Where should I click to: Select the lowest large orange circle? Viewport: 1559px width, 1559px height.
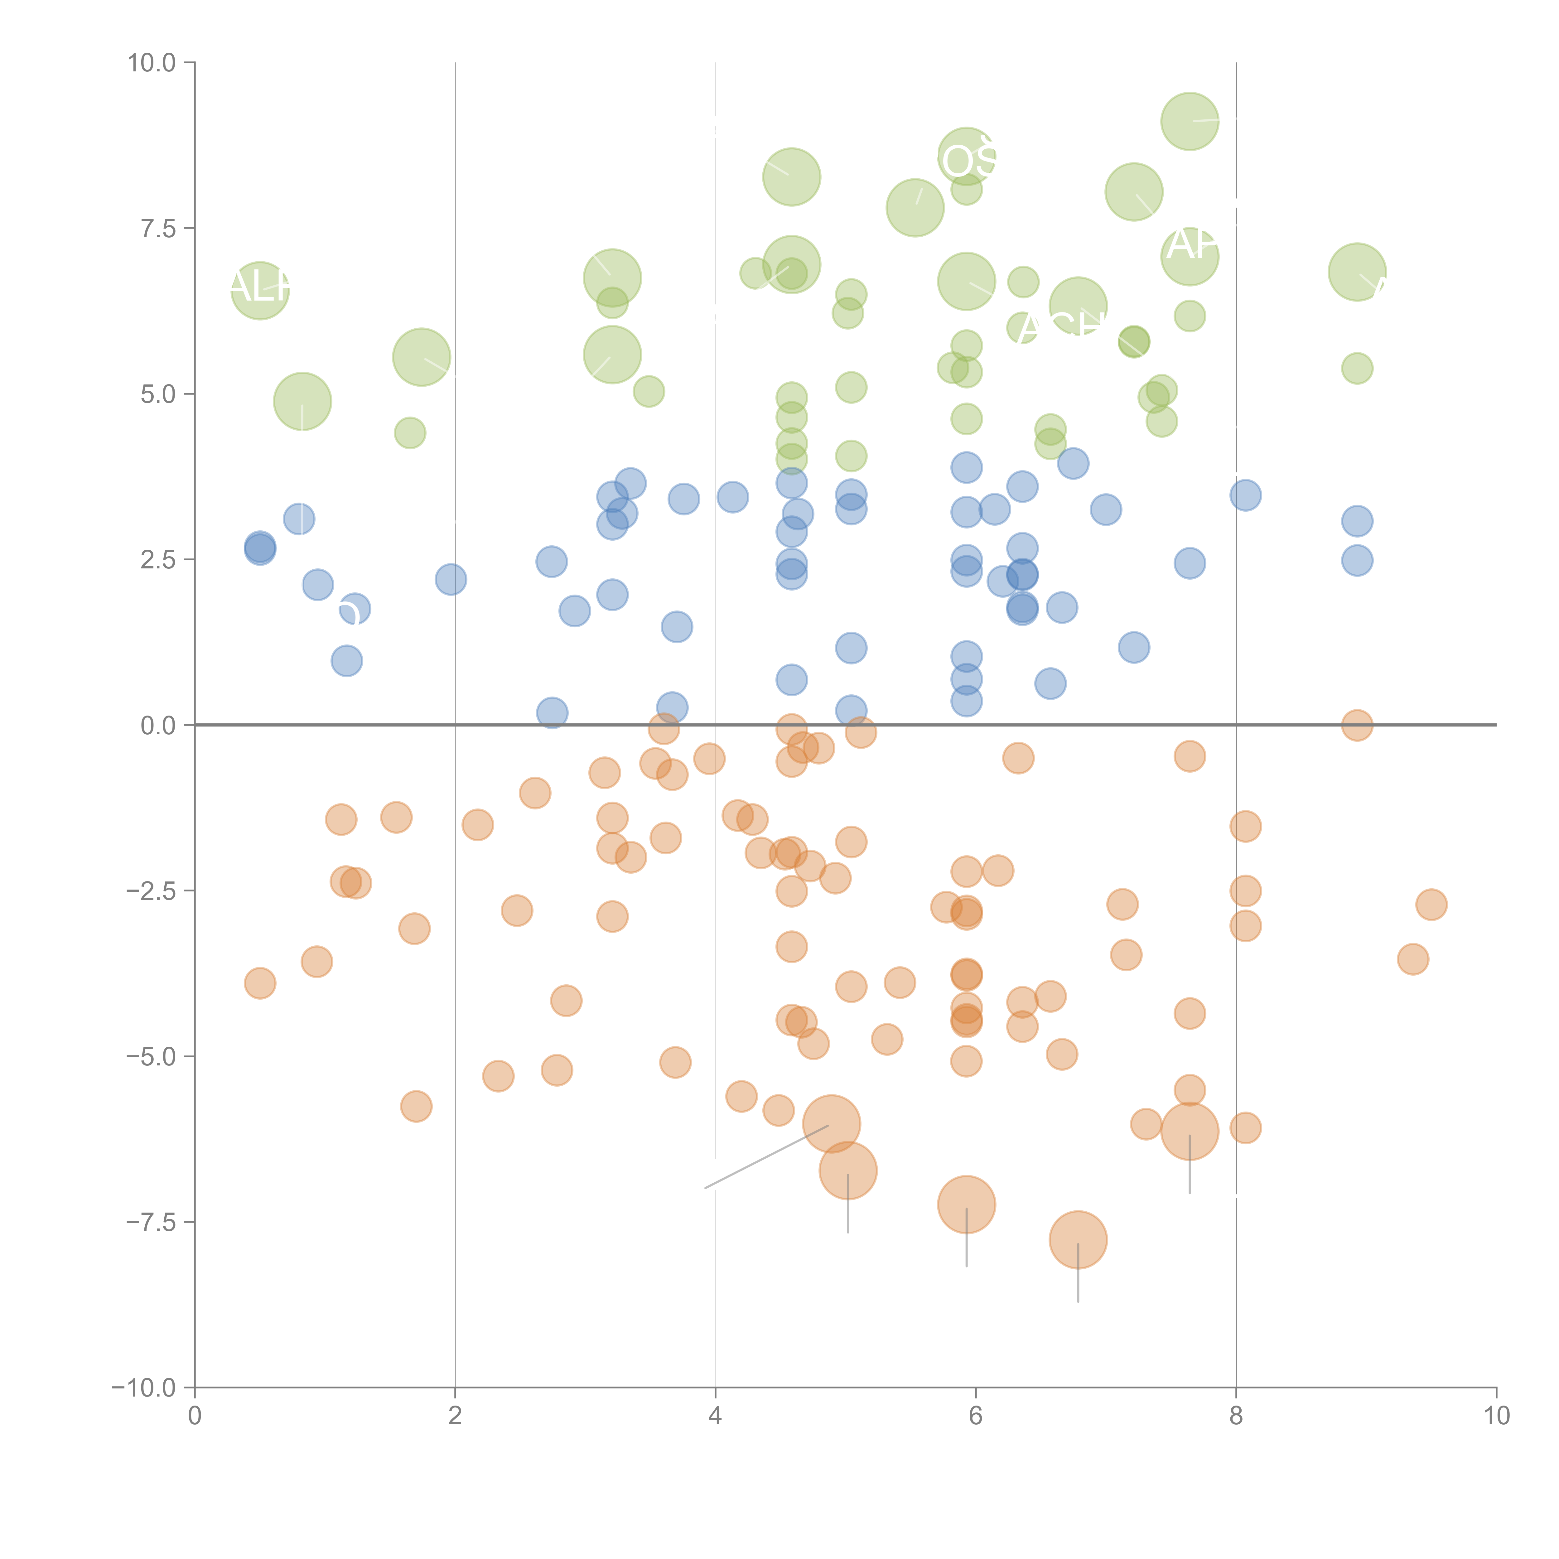[1078, 1239]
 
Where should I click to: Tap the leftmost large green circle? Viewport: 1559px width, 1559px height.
[260, 291]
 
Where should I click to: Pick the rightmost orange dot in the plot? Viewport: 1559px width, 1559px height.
[1431, 905]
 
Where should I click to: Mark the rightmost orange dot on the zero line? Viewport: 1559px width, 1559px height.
[1357, 726]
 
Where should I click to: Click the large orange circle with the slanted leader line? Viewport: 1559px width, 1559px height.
[831, 1124]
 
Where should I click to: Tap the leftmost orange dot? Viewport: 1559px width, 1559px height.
[260, 983]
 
